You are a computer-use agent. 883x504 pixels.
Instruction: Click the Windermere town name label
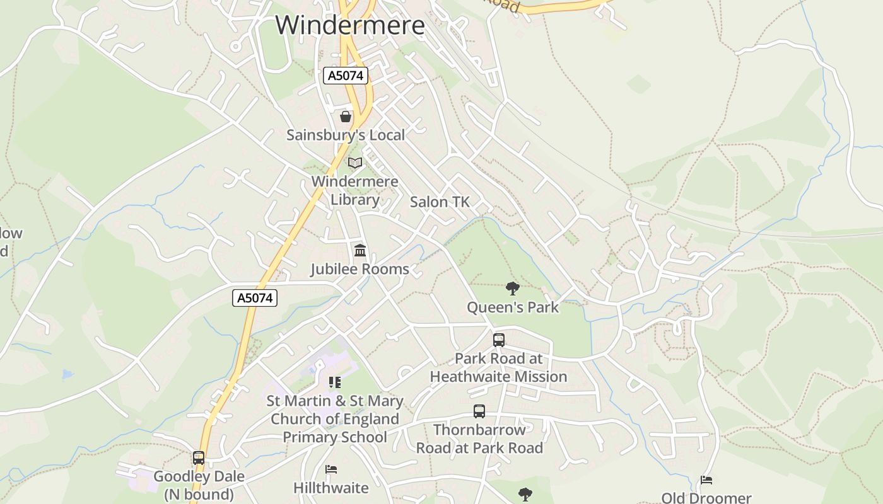coord(350,25)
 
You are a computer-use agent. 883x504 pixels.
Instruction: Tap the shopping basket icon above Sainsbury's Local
coord(346,117)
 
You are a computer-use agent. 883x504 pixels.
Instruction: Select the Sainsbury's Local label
coord(346,135)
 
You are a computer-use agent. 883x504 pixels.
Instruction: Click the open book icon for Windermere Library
coord(355,163)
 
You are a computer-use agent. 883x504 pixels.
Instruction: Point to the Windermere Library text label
coord(355,191)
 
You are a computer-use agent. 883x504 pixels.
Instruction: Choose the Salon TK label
coord(440,202)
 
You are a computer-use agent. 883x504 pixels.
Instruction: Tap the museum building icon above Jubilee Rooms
coord(360,251)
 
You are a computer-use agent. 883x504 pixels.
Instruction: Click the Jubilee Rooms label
coord(360,270)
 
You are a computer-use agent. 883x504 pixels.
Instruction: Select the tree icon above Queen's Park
coord(513,289)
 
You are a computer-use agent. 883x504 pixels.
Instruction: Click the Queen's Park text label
coord(513,307)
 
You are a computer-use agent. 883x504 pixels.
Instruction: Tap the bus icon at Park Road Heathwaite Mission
coord(499,340)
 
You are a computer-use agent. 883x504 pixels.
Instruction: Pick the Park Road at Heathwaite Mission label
coord(499,368)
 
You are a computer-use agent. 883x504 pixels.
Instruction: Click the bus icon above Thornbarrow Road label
coord(479,412)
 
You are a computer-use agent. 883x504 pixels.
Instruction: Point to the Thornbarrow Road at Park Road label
coord(479,439)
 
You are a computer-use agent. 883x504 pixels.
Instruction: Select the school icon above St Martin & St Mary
coord(335,382)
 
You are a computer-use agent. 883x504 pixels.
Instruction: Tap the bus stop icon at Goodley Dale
coord(199,458)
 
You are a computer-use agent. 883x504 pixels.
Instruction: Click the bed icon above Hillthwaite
coord(331,469)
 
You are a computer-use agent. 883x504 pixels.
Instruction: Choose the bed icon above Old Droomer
coord(706,481)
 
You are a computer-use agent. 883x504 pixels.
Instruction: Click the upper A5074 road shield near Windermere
coord(346,76)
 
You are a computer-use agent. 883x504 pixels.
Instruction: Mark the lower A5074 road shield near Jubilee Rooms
coord(255,298)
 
